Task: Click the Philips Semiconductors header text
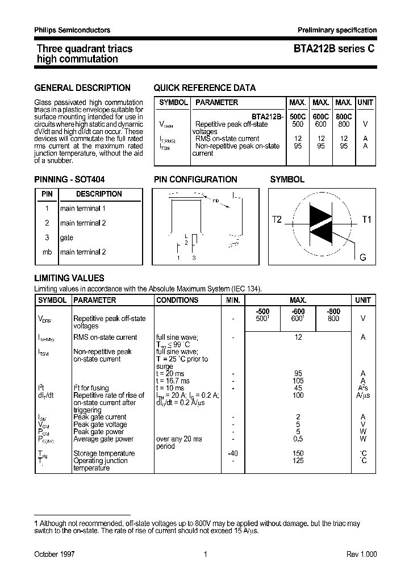pyautogui.click(x=72, y=30)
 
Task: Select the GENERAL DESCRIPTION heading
pyautogui.click(x=82, y=88)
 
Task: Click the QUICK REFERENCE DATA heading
pyautogui.click(x=204, y=88)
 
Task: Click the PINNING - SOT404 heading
pyautogui.click(x=69, y=180)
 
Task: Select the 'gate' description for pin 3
pyautogui.click(x=66, y=238)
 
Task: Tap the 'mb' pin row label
pyautogui.click(x=47, y=252)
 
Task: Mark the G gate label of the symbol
pyautogui.click(x=363, y=257)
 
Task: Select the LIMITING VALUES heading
pyautogui.click(x=69, y=278)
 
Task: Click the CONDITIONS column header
pyautogui.click(x=177, y=300)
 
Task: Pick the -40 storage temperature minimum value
pyautogui.click(x=233, y=453)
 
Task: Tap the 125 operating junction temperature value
pyautogui.click(x=298, y=461)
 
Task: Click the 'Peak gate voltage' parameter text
pyautogui.click(x=100, y=424)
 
